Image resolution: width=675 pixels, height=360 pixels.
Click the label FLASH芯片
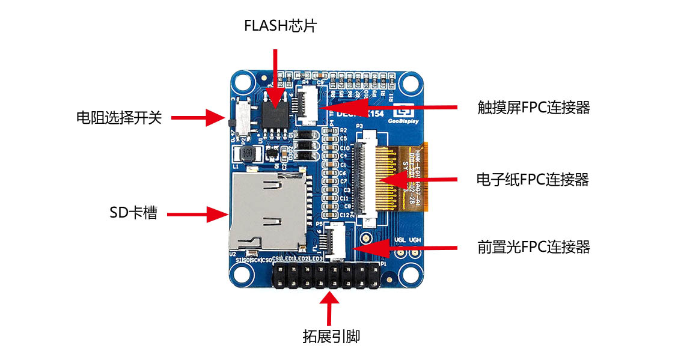[x=279, y=26]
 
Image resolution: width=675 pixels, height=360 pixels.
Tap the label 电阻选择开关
[x=119, y=117]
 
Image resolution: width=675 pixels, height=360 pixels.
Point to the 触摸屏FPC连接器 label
[x=533, y=108]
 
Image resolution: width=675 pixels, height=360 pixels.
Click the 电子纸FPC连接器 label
[x=532, y=179]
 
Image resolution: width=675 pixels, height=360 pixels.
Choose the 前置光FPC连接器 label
[x=533, y=247]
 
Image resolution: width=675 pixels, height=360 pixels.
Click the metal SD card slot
[x=264, y=210]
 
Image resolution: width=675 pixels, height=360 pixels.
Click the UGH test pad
[x=415, y=252]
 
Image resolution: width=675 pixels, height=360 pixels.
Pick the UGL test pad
[x=399, y=252]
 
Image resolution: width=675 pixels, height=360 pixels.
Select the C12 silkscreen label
[x=344, y=215]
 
